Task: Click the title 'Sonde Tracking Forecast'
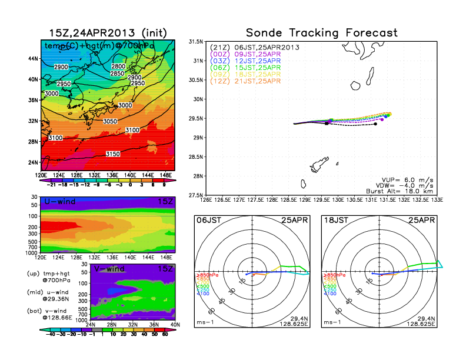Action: tap(321, 32)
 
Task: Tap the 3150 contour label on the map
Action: tap(112, 154)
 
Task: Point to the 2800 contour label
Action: tap(118, 66)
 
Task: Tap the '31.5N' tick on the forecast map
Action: tap(195, 42)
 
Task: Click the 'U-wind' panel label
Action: tap(58, 202)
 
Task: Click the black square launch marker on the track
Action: tap(326, 124)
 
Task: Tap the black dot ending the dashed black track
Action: tap(375, 124)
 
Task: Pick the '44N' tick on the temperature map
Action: tap(33, 58)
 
